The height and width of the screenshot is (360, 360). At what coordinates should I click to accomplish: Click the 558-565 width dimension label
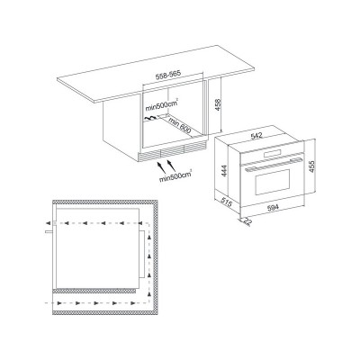[169, 76]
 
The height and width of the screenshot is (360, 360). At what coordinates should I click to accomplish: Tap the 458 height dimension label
[218, 104]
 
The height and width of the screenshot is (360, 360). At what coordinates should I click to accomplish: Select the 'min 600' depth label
[180, 125]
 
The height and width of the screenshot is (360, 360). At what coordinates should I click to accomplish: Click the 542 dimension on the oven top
[256, 136]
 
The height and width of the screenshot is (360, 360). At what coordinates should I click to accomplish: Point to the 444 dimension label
[224, 171]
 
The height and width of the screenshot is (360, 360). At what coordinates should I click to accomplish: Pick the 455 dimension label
[311, 166]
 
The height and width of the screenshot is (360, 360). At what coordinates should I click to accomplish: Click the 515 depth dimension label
[227, 202]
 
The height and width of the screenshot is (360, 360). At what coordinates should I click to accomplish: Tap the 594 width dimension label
[272, 207]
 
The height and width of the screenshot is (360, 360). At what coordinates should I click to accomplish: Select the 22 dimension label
[247, 222]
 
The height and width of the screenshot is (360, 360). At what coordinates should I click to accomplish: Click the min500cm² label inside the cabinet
[162, 106]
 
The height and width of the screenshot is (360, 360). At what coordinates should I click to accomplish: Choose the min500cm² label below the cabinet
[175, 176]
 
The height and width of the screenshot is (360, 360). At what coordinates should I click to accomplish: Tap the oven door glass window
[273, 182]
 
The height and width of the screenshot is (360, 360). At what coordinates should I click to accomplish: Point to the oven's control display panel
[273, 154]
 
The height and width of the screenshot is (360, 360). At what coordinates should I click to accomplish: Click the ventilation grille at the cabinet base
[173, 151]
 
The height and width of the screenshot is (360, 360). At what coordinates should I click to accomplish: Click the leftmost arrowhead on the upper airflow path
[48, 223]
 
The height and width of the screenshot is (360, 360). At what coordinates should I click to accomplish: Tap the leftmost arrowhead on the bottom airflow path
[60, 303]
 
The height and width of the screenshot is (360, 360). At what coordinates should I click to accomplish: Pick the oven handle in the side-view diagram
[49, 231]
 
